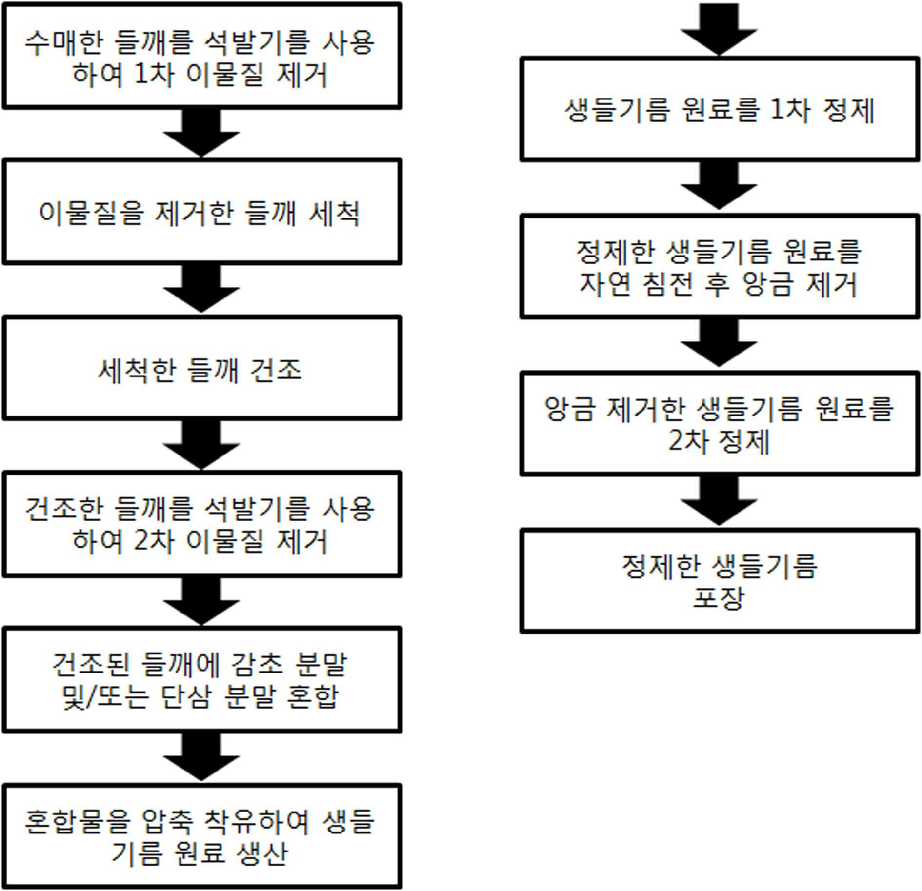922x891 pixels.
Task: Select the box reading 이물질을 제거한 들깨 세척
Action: tap(202, 212)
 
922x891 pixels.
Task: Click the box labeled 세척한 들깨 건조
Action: tap(202, 368)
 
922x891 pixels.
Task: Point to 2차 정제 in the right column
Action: tap(720, 441)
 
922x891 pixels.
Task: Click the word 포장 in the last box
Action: tap(719, 597)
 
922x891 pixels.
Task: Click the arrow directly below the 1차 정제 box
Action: tap(719, 185)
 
